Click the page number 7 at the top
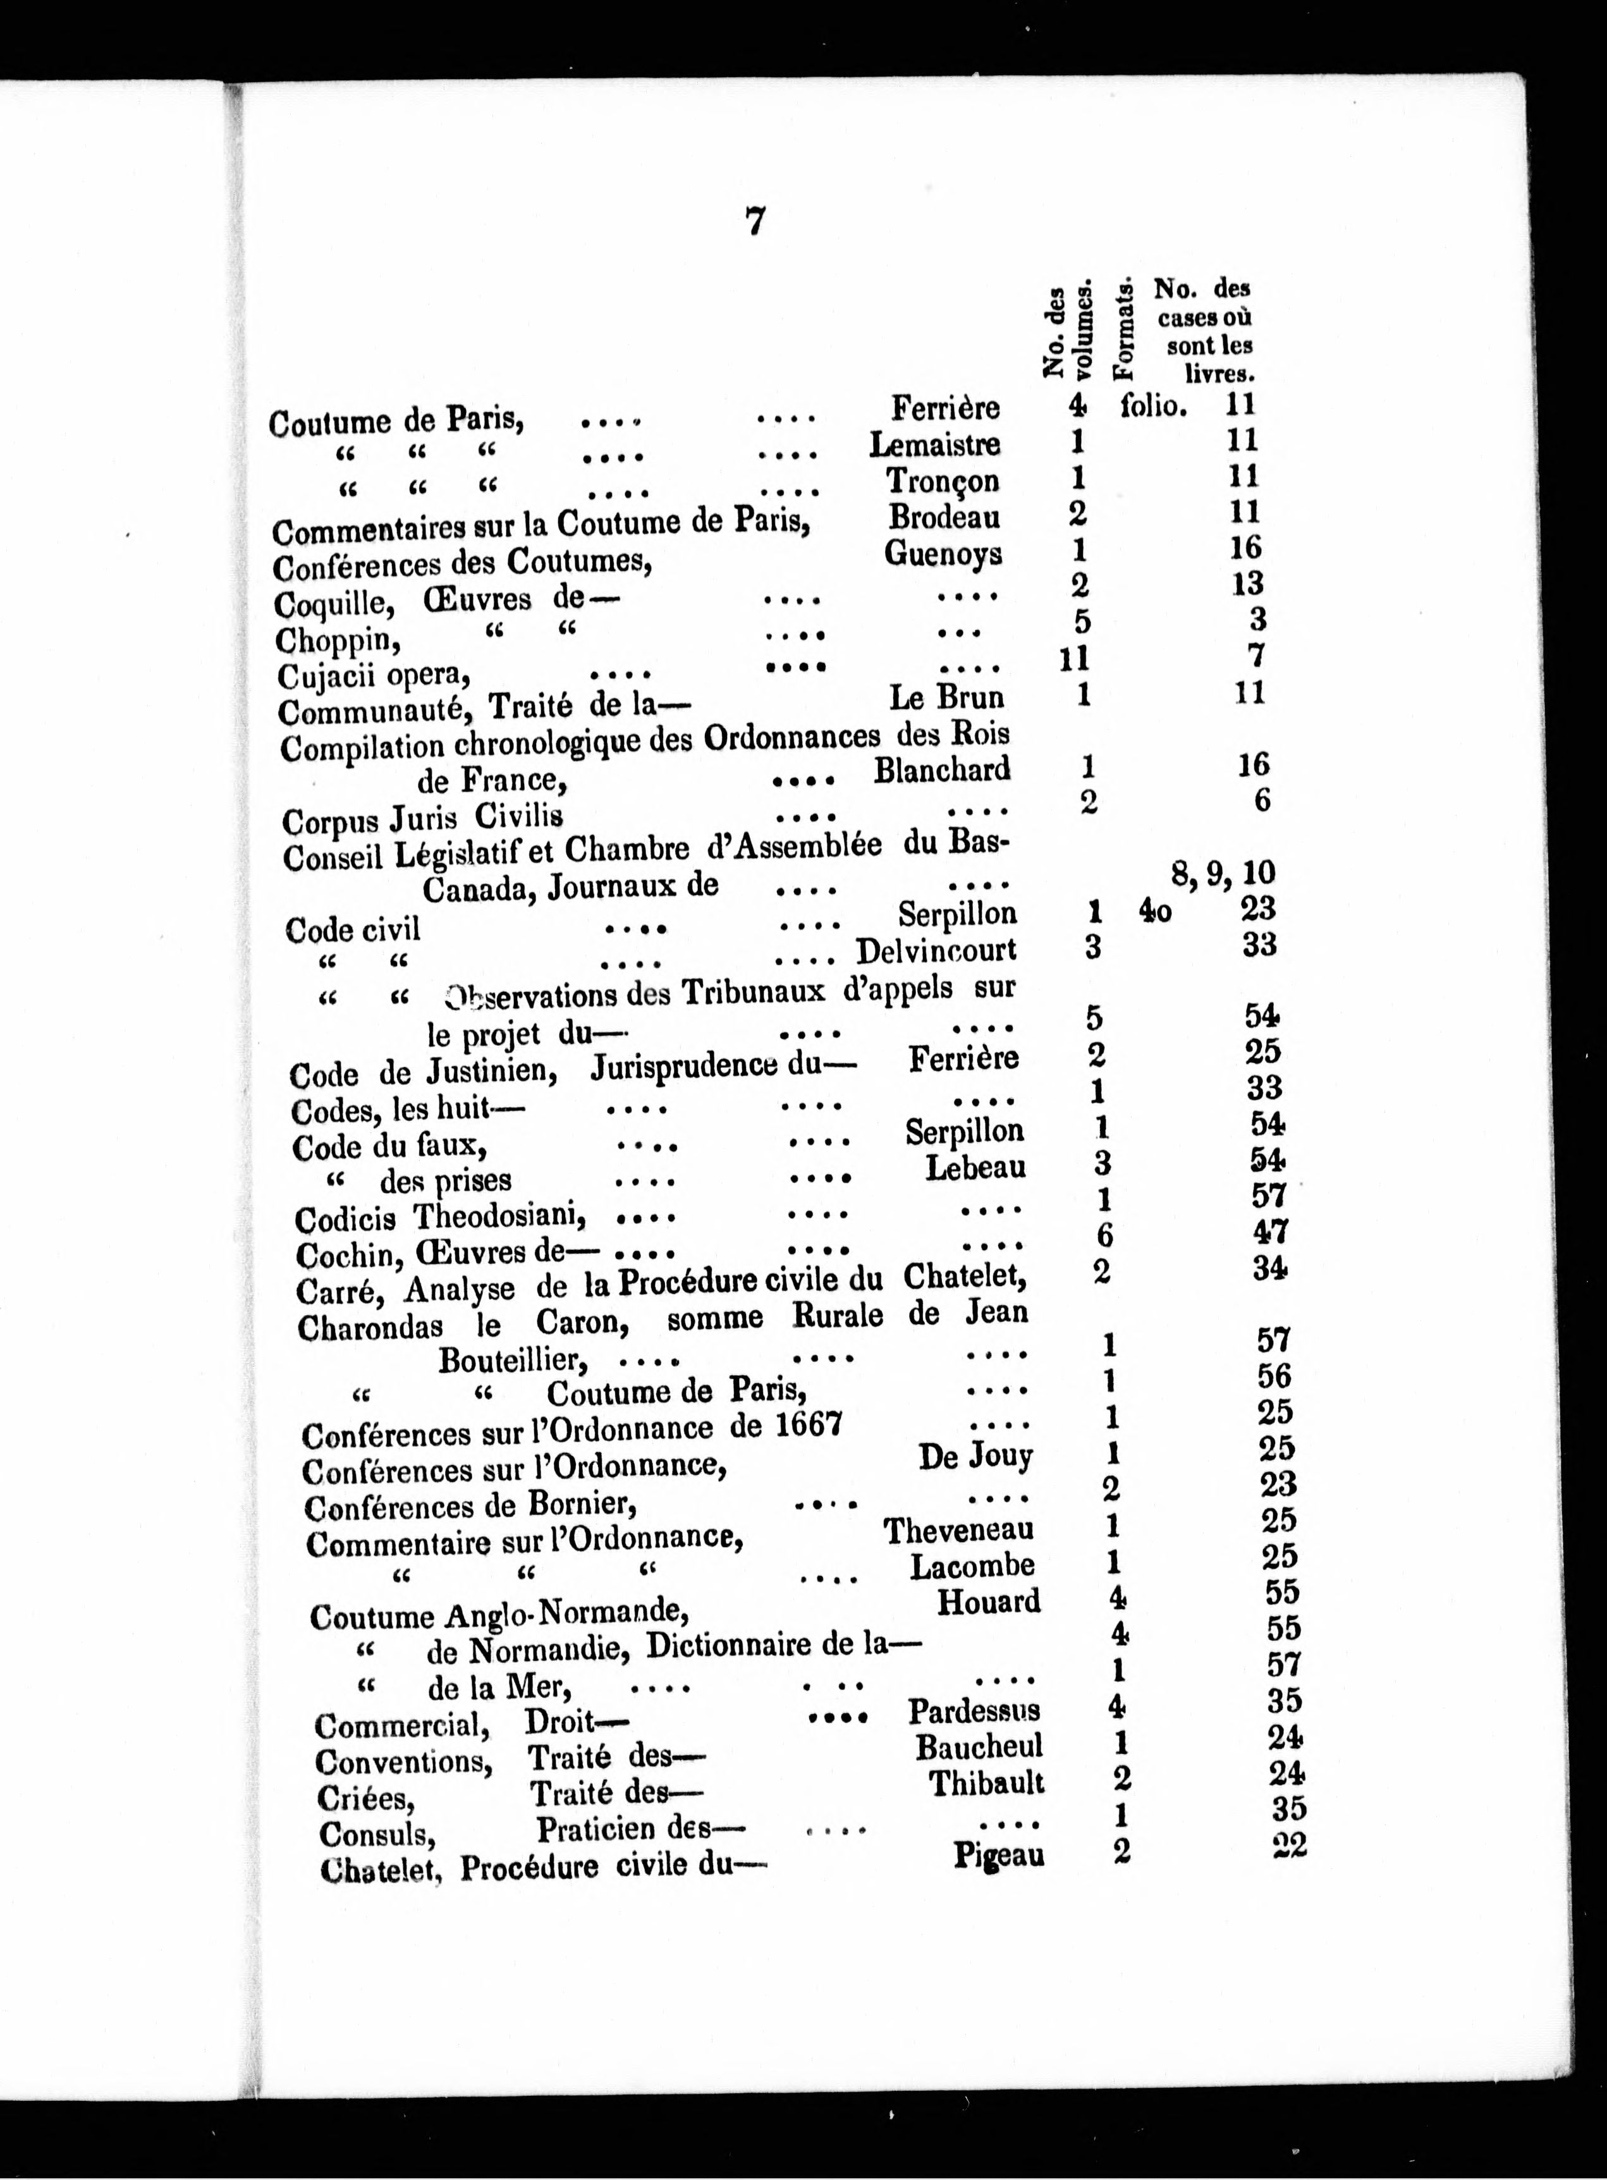tap(755, 223)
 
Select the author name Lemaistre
tap(934, 444)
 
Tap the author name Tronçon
tap(943, 481)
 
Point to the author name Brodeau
tap(944, 517)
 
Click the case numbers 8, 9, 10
tap(1223, 873)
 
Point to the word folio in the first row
tap(1154, 405)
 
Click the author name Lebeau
tap(975, 1167)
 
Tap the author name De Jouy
tap(975, 1456)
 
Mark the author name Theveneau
tap(958, 1530)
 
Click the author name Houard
tap(988, 1601)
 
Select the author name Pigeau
tap(998, 1854)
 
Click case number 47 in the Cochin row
tap(1269, 1232)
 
